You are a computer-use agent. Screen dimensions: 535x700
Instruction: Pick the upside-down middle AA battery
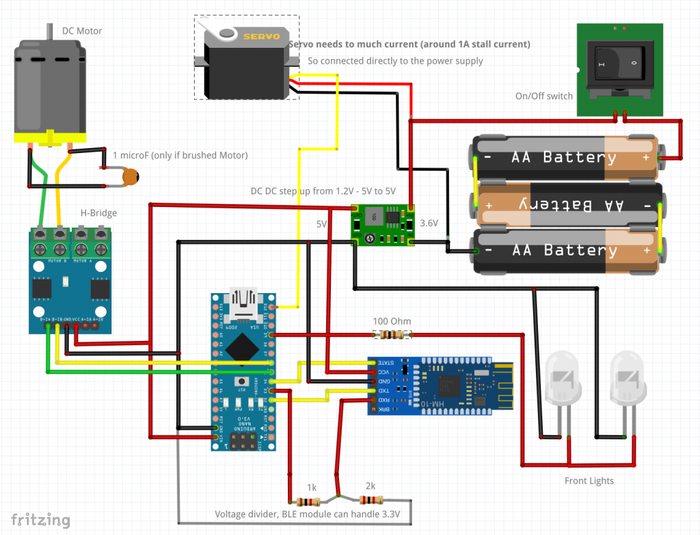pos(567,204)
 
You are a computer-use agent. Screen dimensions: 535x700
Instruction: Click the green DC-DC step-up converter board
pos(382,225)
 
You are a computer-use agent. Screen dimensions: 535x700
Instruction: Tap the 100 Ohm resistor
pos(392,335)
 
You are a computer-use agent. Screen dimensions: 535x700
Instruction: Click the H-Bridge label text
pos(98,213)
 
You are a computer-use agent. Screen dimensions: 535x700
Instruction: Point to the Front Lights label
pos(589,481)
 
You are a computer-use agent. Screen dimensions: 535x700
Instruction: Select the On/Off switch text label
pos(544,96)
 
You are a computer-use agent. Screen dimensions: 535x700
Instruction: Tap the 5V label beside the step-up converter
pos(322,223)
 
